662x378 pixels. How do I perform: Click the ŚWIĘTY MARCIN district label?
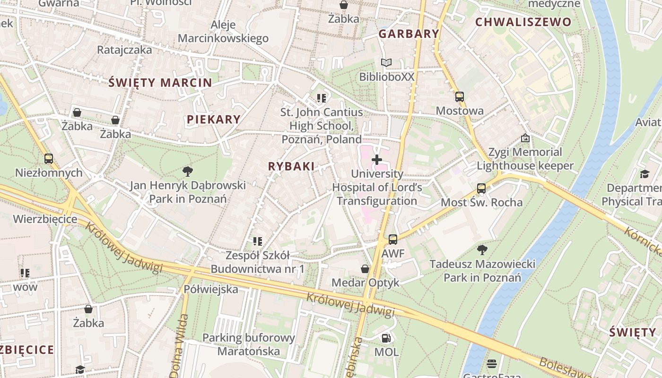(x=160, y=83)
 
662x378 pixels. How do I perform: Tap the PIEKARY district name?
(x=214, y=120)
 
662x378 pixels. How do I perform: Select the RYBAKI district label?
(x=291, y=166)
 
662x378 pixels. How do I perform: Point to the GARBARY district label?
(x=409, y=34)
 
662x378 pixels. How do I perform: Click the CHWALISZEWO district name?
(x=523, y=22)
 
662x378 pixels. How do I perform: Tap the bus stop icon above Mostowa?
(x=459, y=97)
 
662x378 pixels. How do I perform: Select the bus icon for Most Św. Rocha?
(x=481, y=189)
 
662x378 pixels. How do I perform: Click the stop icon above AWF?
(x=393, y=240)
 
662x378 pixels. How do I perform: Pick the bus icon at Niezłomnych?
(x=48, y=159)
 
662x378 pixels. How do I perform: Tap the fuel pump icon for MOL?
(x=386, y=338)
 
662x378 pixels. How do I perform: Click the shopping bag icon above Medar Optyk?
(x=365, y=269)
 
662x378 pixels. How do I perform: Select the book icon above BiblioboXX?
(x=386, y=63)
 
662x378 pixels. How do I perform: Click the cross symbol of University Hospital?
(x=377, y=160)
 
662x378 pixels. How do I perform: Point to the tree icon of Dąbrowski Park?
(x=188, y=171)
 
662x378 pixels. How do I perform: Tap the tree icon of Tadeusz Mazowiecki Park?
(x=482, y=249)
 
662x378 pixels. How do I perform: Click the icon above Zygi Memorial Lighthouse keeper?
(x=525, y=138)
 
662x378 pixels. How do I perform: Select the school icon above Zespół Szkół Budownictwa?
(x=258, y=241)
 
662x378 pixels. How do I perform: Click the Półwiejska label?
(x=211, y=289)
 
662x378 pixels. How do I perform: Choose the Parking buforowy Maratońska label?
(x=249, y=344)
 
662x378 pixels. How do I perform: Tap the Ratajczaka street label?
(x=124, y=50)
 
